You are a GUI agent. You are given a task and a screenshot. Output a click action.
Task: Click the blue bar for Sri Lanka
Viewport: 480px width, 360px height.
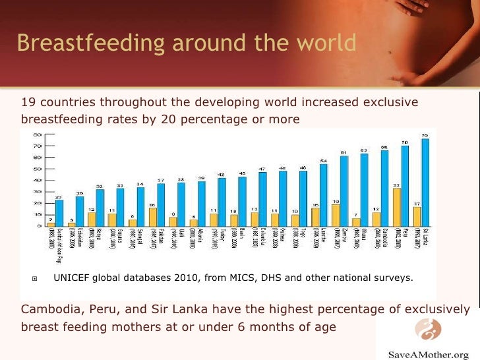tap(425, 183)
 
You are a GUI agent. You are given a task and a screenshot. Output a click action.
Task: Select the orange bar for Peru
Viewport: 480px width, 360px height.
tap(396, 208)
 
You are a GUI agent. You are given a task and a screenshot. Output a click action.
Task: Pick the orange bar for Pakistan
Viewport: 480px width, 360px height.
tap(153, 217)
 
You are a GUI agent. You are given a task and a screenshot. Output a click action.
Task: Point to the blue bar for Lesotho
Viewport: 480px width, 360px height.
tap(324, 195)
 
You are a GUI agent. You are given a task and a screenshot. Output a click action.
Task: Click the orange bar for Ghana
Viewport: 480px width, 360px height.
tap(355, 222)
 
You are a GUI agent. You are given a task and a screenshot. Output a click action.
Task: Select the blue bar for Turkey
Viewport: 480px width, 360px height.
tap(222, 202)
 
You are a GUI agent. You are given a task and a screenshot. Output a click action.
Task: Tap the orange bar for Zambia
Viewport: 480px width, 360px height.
tap(336, 216)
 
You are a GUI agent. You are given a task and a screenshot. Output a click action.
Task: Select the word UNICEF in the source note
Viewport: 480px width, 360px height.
tap(72, 278)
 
